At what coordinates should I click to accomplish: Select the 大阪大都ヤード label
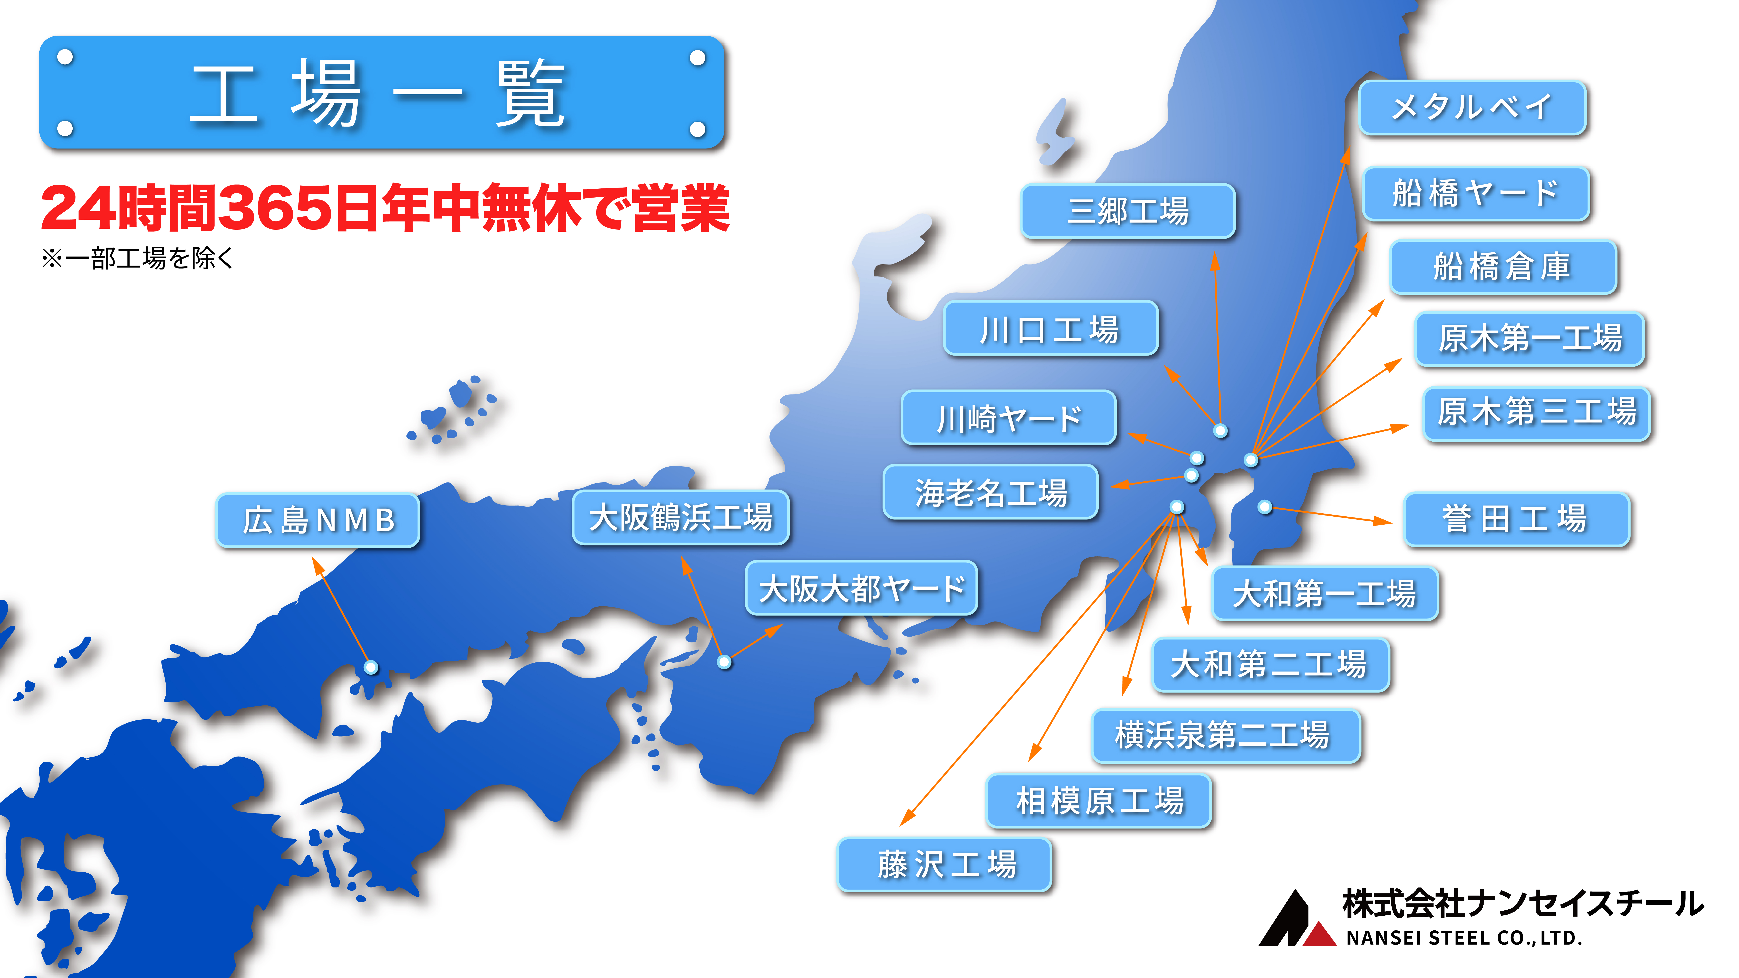click(x=861, y=588)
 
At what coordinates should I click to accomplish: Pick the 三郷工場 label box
click(x=1128, y=211)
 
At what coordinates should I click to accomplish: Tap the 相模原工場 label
click(x=1099, y=800)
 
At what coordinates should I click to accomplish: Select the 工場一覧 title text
click(x=378, y=93)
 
